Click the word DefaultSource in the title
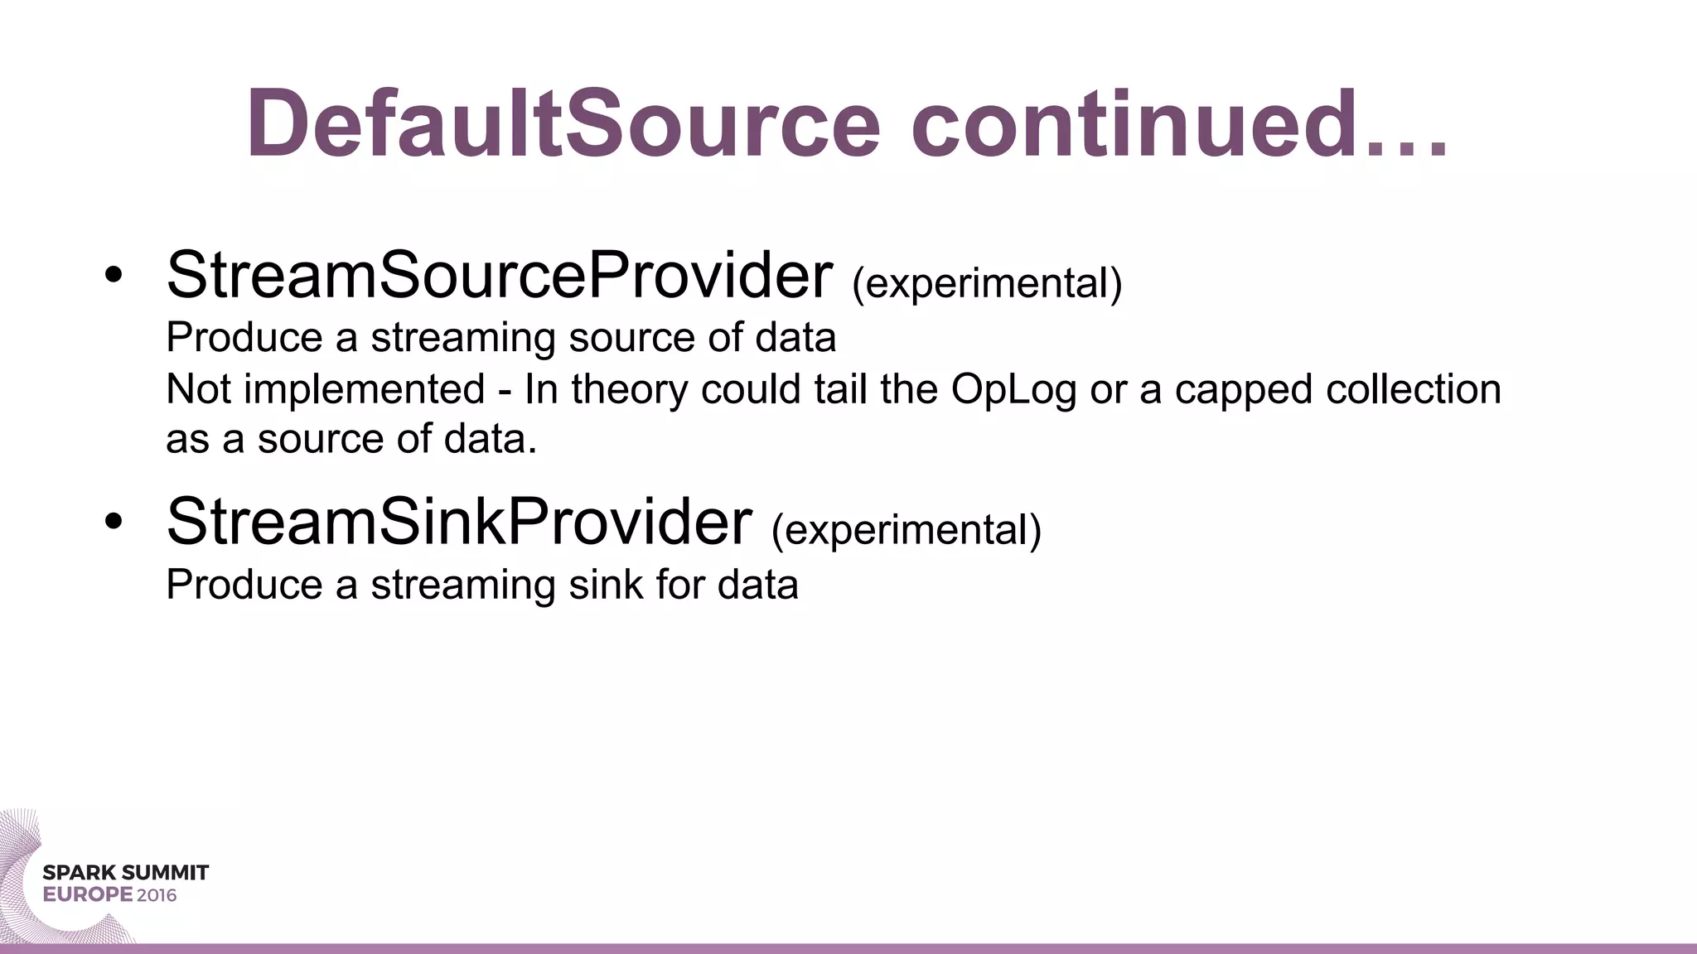coord(563,124)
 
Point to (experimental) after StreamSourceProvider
coord(987,283)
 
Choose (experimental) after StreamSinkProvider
coord(906,530)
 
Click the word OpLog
coord(1013,389)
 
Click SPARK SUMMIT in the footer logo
coord(126,873)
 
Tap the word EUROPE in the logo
coord(88,895)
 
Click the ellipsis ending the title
coord(1408,149)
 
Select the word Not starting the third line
coord(199,389)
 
